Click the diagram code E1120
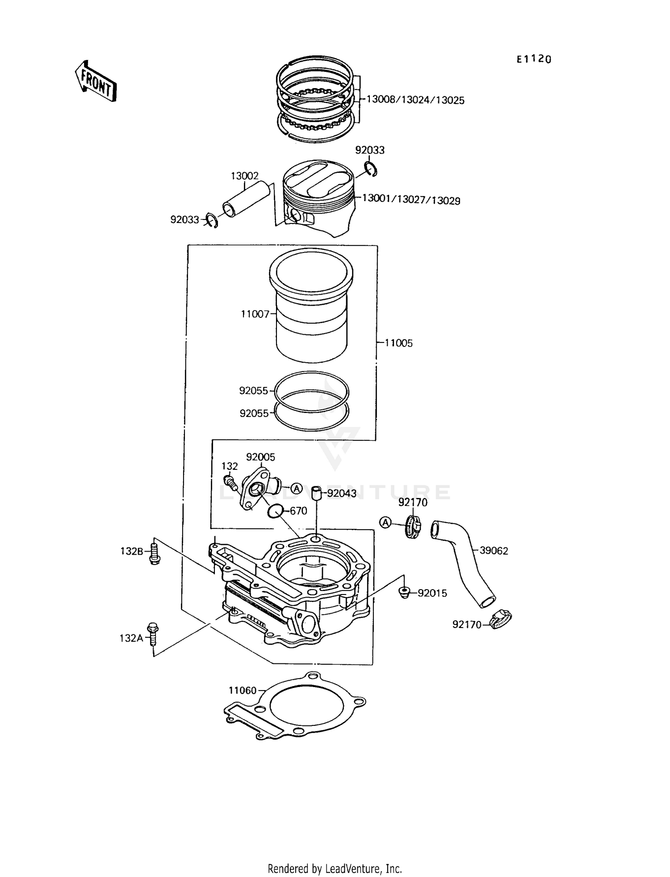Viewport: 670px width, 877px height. (x=534, y=59)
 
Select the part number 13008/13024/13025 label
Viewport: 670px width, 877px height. (x=415, y=100)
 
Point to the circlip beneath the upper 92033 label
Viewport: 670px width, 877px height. (x=371, y=169)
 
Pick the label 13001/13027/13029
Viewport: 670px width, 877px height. (x=411, y=199)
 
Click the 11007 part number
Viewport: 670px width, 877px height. (x=255, y=314)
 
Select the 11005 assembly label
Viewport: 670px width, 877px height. (x=399, y=343)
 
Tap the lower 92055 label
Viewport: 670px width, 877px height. (x=254, y=413)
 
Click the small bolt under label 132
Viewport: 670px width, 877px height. (x=230, y=481)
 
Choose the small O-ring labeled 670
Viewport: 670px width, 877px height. (x=275, y=510)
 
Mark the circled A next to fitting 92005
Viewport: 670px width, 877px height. (x=297, y=488)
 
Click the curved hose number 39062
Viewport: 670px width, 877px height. (x=494, y=551)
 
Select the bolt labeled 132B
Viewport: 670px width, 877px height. (x=155, y=552)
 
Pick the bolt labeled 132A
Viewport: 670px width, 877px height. (x=153, y=633)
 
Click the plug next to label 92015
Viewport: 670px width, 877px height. (x=404, y=592)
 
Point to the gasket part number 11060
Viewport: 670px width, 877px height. (x=243, y=690)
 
